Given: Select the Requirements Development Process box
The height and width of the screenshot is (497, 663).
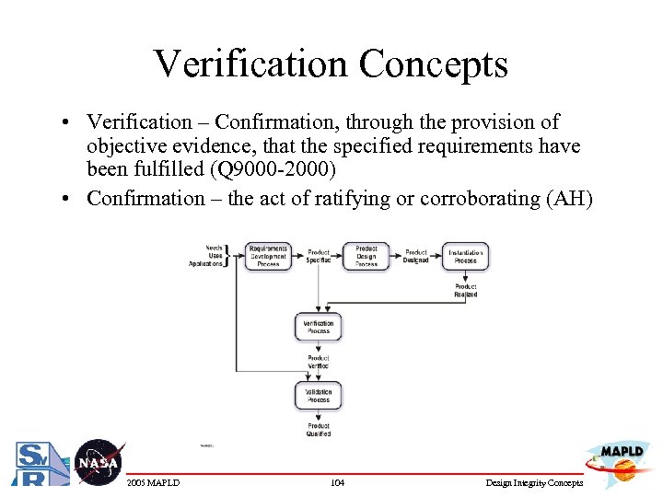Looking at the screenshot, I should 268,256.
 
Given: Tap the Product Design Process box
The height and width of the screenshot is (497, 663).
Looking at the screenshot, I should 366,256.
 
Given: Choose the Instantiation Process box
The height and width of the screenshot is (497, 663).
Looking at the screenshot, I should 466,256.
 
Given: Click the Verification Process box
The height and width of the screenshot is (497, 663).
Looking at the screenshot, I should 319,328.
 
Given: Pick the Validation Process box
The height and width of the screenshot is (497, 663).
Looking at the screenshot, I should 319,396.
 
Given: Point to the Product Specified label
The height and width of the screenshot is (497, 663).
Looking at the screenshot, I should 319,256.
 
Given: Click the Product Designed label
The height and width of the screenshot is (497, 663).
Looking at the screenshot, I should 416,256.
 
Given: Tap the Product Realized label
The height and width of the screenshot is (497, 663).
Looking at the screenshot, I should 466,291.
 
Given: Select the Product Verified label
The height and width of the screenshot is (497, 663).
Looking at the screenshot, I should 319,362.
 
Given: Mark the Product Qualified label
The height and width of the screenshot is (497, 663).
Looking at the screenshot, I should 319,430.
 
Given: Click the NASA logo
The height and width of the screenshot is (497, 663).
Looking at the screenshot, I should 98,461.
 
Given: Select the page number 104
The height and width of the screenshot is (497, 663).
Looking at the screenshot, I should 337,482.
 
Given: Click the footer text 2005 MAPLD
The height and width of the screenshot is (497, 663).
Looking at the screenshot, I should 154,482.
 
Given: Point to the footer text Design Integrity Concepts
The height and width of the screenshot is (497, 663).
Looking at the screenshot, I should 535,482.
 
